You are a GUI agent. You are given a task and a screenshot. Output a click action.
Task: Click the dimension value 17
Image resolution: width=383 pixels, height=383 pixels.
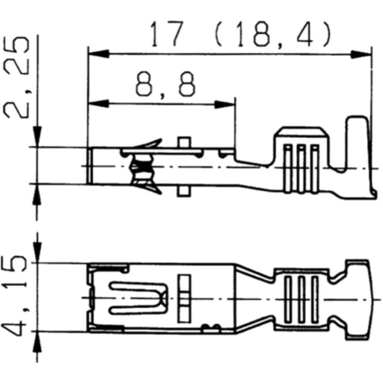point(165,34)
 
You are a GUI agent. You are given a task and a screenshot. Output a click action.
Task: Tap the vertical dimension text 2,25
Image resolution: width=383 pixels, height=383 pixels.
point(17,79)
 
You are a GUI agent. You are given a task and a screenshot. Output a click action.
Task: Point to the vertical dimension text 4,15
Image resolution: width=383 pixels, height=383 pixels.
point(17,297)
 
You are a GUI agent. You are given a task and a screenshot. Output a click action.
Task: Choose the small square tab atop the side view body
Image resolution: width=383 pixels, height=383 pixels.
point(184,142)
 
